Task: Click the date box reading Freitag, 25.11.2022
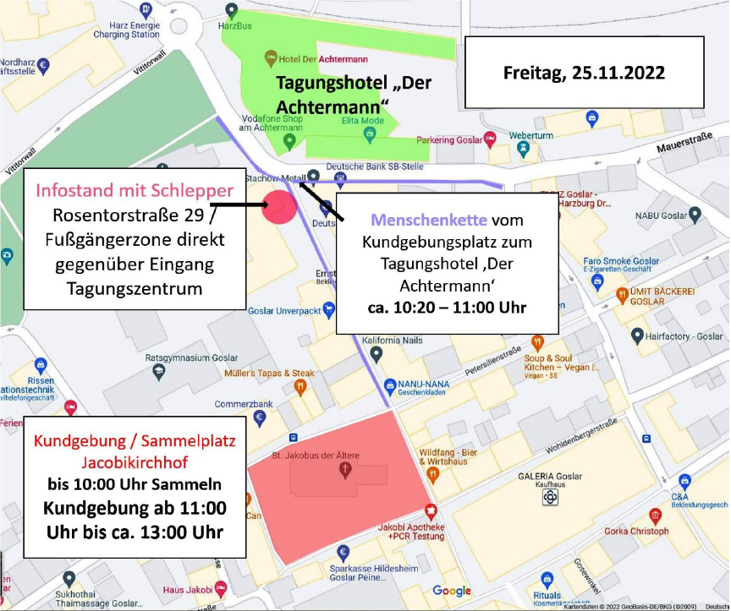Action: click(584, 73)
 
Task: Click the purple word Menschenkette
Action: click(430, 220)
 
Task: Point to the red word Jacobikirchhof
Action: click(135, 462)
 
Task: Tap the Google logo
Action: click(452, 591)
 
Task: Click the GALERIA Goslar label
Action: click(551, 477)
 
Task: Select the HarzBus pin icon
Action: click(231, 10)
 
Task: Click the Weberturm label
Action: click(530, 135)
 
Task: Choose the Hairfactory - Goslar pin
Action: click(637, 336)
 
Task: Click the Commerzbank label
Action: click(244, 405)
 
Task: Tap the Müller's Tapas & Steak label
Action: click(269, 373)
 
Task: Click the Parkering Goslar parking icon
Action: click(490, 139)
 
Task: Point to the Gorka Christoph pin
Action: click(655, 515)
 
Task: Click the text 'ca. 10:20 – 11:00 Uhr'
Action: click(447, 306)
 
